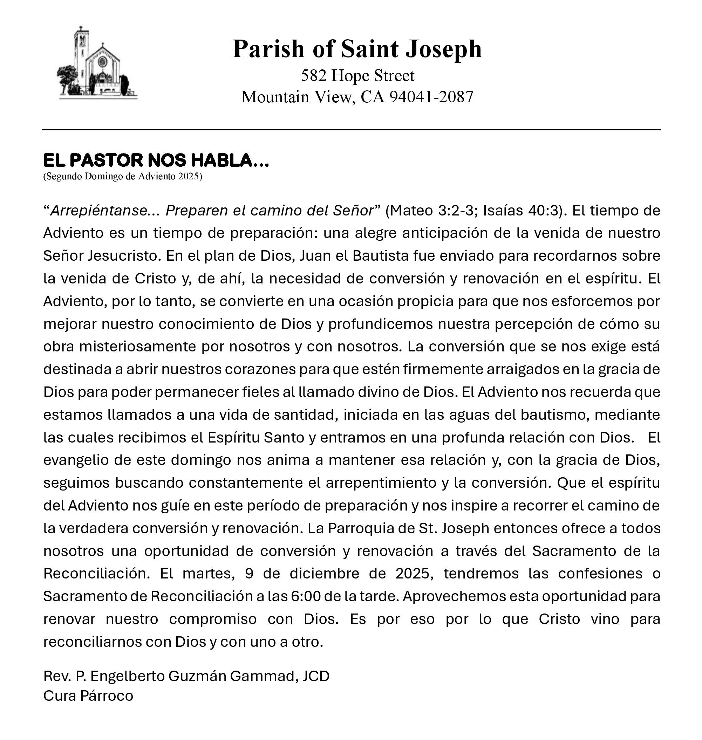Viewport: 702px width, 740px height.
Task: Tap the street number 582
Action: coord(313,76)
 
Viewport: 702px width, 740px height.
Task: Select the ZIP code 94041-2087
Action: coord(431,97)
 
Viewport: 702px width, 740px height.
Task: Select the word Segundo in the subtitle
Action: coord(64,177)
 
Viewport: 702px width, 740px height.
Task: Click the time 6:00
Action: coord(305,597)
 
